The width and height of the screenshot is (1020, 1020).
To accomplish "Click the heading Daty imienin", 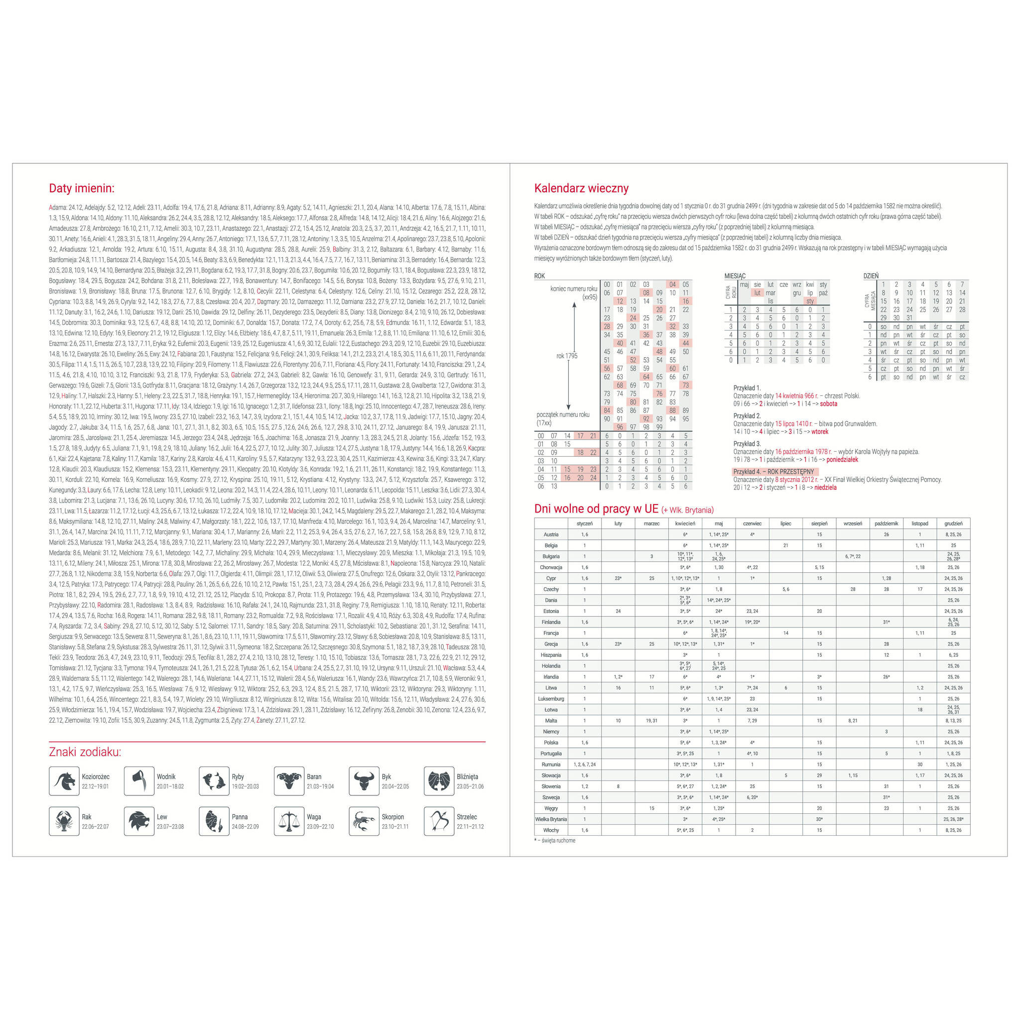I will click(x=81, y=188).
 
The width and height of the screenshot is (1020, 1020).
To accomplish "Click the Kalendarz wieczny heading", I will click(x=581, y=188).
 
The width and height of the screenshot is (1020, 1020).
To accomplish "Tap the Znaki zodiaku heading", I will click(x=85, y=752).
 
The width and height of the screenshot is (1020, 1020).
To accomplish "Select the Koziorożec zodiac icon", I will click(x=64, y=781).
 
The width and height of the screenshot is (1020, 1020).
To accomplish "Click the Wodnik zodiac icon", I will click(x=139, y=781).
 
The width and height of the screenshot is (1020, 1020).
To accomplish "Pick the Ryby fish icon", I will click(x=214, y=781).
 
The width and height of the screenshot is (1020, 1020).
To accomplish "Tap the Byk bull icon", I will click(x=364, y=781).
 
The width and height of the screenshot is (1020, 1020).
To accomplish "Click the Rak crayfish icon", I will click(x=64, y=821).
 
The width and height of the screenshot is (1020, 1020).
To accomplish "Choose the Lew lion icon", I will click(x=139, y=821).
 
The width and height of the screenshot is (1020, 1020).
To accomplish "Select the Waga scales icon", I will click(x=289, y=821).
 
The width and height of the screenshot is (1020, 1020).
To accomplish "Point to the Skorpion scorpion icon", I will click(x=364, y=821).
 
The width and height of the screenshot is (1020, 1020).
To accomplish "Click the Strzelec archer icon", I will click(x=439, y=821).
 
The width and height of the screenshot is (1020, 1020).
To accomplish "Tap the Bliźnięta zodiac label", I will click(x=467, y=776).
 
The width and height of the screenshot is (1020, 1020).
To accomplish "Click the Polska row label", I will click(x=551, y=743).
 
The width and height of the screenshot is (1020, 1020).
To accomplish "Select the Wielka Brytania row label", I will click(x=551, y=819).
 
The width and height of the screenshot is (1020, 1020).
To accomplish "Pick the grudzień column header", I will click(x=953, y=524).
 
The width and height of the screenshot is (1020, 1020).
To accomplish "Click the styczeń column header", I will click(x=584, y=524).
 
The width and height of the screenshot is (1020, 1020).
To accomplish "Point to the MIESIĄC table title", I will click(x=735, y=276).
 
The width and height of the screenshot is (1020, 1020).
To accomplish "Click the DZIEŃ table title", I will click(x=871, y=276).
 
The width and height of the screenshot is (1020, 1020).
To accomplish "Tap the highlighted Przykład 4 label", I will click(x=773, y=472).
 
